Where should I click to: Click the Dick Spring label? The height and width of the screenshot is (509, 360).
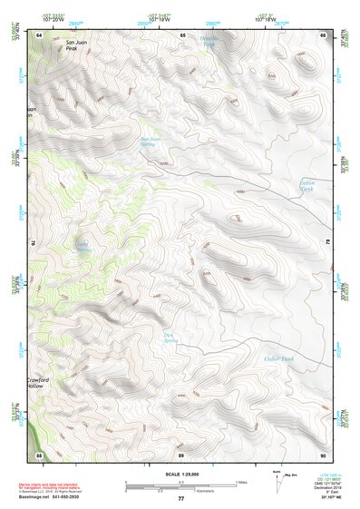168,338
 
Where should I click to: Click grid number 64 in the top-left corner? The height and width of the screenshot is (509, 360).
39,35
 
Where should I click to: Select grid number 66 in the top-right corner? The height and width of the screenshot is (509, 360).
324,35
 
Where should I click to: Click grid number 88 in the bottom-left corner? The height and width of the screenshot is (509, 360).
39,453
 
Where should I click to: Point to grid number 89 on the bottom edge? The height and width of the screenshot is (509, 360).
181,453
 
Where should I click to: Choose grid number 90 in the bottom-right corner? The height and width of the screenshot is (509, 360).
324,453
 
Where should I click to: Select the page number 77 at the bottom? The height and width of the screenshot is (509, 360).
180,499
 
